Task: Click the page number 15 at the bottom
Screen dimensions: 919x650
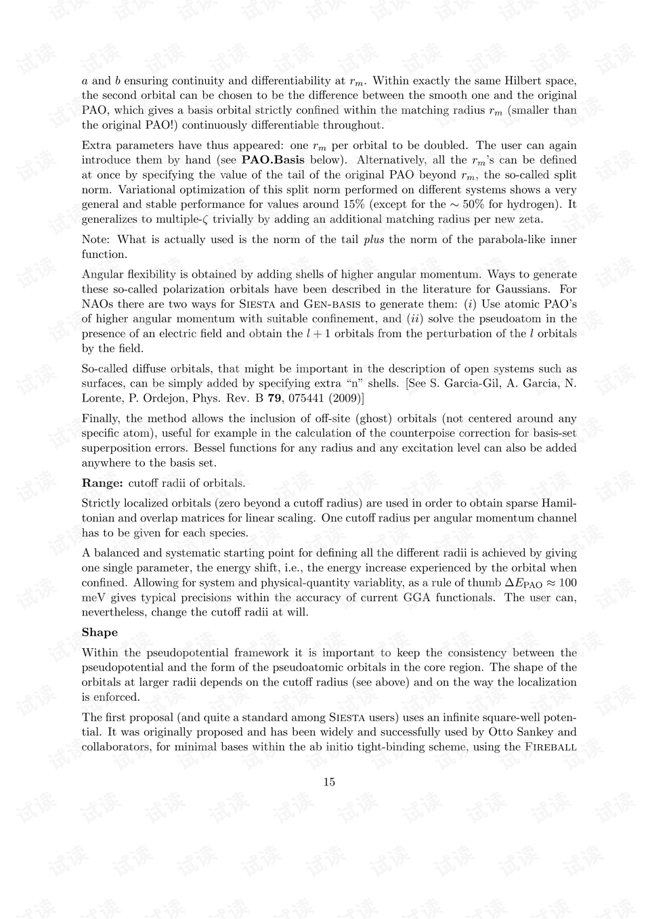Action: click(329, 782)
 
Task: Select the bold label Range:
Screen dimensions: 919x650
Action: click(102, 483)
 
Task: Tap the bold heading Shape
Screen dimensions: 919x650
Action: click(100, 632)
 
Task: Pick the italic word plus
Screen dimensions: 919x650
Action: click(374, 240)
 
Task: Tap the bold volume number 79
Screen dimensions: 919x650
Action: click(275, 398)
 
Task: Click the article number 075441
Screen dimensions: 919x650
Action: click(309, 398)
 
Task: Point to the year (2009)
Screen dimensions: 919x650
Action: click(349, 398)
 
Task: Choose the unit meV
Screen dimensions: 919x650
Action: click(93, 597)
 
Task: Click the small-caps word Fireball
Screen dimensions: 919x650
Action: click(550, 747)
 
